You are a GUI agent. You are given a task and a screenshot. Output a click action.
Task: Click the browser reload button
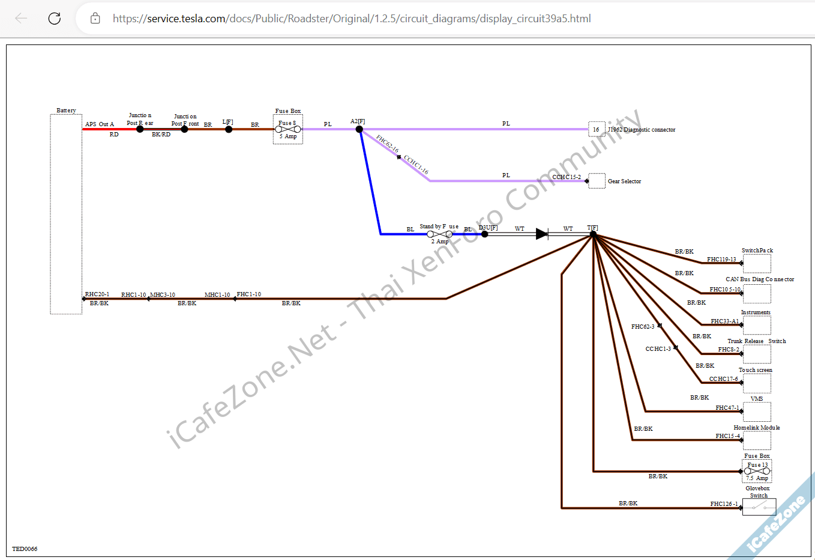(x=55, y=18)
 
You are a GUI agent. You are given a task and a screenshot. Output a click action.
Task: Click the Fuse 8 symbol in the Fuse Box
(x=288, y=129)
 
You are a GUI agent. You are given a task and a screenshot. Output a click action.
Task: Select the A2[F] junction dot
(x=359, y=129)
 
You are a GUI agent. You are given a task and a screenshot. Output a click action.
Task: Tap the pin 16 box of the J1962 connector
(x=597, y=129)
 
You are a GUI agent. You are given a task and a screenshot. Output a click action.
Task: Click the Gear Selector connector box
(x=597, y=181)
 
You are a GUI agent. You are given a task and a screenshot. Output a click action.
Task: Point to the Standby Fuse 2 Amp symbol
(x=439, y=234)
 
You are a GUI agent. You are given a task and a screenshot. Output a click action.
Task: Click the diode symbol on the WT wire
(x=542, y=234)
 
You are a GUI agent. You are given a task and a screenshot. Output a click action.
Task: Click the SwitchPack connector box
(x=757, y=263)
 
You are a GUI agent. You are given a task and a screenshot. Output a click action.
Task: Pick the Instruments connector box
(x=757, y=325)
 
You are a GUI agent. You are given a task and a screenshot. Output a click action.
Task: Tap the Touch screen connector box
(x=757, y=383)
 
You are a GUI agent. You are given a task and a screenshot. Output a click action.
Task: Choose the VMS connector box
(x=757, y=412)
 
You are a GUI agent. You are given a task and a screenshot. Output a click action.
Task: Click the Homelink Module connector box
(x=757, y=440)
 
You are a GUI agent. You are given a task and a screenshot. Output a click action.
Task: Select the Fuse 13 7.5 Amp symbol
(x=757, y=471)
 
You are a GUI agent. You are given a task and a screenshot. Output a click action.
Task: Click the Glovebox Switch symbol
(x=759, y=507)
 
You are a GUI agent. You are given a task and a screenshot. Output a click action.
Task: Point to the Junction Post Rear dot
(x=140, y=129)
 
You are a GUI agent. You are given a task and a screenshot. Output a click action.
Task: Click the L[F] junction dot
(x=229, y=129)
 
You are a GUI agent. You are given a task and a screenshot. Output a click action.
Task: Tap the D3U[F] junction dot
(x=485, y=234)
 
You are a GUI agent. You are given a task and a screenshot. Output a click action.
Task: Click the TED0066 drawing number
(x=25, y=549)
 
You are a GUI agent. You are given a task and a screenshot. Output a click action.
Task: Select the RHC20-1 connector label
(x=97, y=294)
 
